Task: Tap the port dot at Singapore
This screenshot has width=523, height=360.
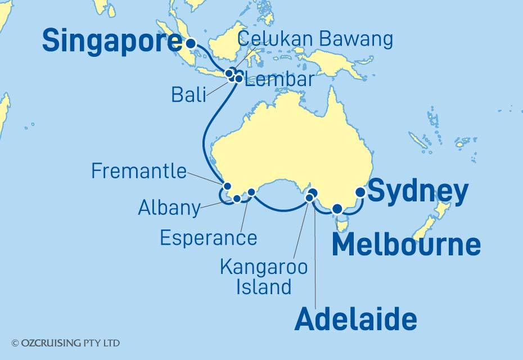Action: click(x=191, y=43)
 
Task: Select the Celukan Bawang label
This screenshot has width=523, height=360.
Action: click(x=314, y=39)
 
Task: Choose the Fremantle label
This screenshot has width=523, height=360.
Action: click(x=139, y=171)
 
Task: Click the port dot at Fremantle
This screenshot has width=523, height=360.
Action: click(x=228, y=186)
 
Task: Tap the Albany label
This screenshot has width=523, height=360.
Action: click(x=169, y=208)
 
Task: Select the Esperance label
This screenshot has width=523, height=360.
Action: click(x=208, y=238)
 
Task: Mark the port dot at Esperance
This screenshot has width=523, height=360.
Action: click(x=251, y=192)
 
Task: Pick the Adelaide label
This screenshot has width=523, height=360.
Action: click(x=355, y=320)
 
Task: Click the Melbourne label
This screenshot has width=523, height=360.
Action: click(x=406, y=245)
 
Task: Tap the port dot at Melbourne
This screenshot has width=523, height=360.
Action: click(x=337, y=209)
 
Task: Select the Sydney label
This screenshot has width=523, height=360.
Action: click(x=417, y=192)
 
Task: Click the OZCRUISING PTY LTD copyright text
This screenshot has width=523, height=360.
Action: click(x=66, y=343)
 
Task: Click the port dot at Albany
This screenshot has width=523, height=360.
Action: click(x=237, y=198)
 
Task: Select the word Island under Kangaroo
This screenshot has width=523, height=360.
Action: click(x=263, y=287)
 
